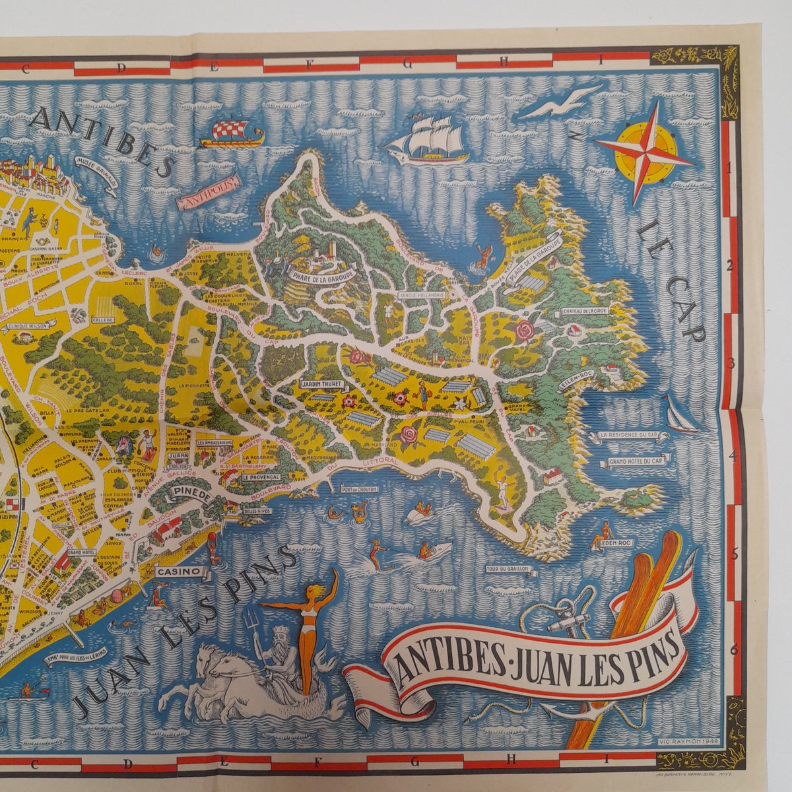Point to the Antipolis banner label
pos(206,200)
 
